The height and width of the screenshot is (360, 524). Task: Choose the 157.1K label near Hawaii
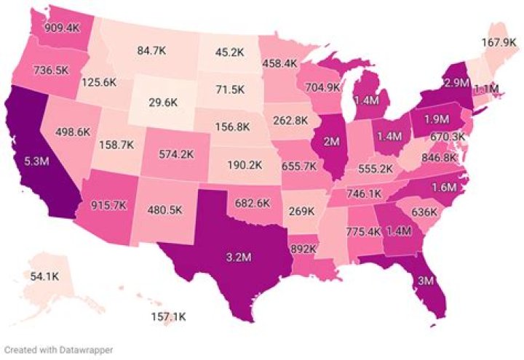click(x=167, y=318)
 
